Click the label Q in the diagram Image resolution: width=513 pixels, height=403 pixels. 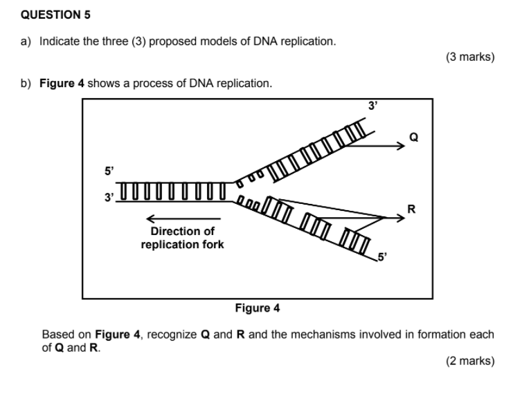click(414, 137)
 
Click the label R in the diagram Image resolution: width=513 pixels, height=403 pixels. click(412, 208)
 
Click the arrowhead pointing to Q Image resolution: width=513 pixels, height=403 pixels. click(402, 146)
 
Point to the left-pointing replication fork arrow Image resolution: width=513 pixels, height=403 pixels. click(166, 218)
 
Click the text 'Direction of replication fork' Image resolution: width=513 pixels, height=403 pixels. click(182, 238)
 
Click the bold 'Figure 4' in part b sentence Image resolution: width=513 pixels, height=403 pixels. click(62, 84)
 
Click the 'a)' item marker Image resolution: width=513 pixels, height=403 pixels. click(26, 41)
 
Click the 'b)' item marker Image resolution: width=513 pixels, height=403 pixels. click(26, 84)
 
